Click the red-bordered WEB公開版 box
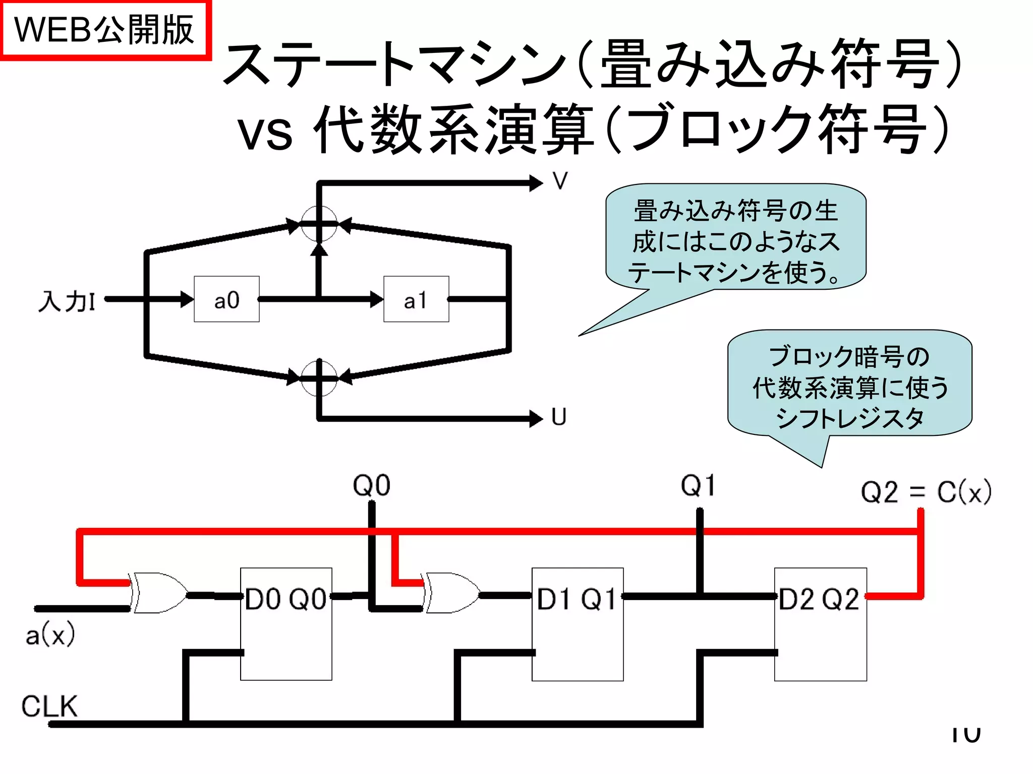pyautogui.click(x=105, y=30)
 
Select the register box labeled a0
pyautogui.click(x=226, y=299)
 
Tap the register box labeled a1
pyautogui.click(x=416, y=299)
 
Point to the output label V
pyautogui.click(x=560, y=181)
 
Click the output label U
pyautogui.click(x=559, y=417)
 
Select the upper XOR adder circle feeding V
pyautogui.click(x=319, y=224)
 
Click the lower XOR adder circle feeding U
pyautogui.click(x=319, y=378)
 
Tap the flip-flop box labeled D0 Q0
pyautogui.click(x=286, y=624)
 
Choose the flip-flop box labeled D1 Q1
pyautogui.click(x=578, y=624)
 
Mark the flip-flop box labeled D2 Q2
pyautogui.click(x=820, y=624)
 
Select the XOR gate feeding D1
pyautogui.click(x=450, y=593)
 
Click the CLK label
pyautogui.click(x=49, y=706)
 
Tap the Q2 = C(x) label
pyautogui.click(x=926, y=492)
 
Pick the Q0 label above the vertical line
pyautogui.click(x=372, y=486)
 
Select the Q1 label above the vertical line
pyautogui.click(x=698, y=486)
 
